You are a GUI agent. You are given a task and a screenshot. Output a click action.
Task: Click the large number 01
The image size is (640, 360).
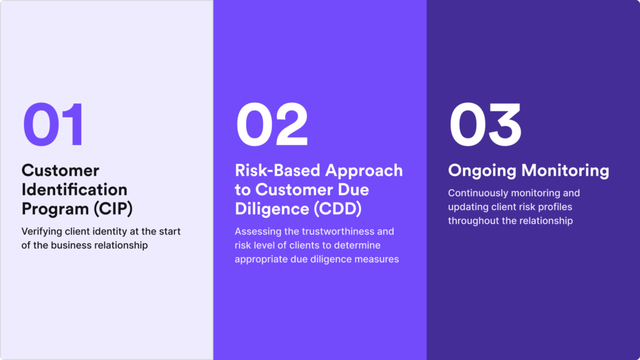(x=53, y=124)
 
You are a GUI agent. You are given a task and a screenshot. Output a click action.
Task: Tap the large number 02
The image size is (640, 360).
(x=272, y=124)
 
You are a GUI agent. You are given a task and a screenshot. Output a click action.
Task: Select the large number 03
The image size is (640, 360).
(x=485, y=124)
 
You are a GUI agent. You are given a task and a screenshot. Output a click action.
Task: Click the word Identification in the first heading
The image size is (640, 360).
(x=74, y=189)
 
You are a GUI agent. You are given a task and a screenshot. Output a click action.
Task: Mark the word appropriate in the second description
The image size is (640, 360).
(x=262, y=259)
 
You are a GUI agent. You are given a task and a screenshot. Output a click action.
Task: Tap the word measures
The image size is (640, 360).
(x=378, y=259)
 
